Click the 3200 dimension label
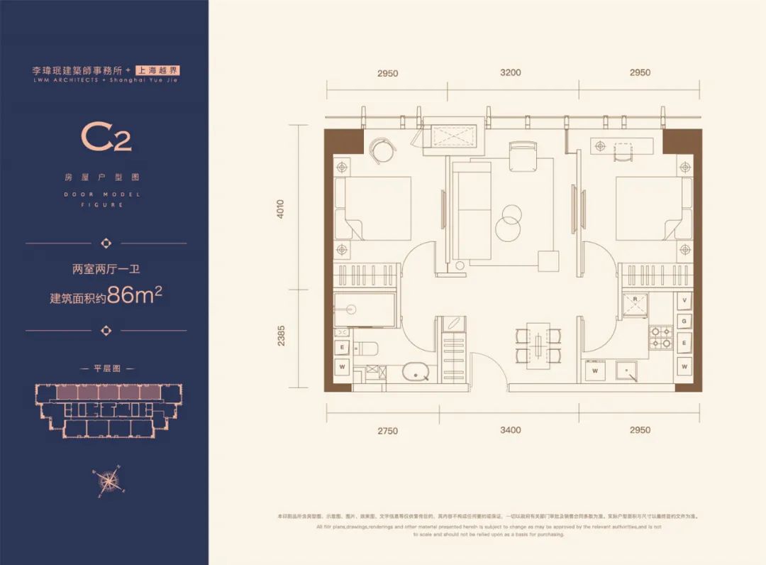(510, 72)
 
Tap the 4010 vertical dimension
(281, 207)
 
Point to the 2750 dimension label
(387, 430)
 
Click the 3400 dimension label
(510, 430)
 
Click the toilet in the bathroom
(368, 348)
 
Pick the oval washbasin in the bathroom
(413, 373)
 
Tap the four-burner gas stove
(661, 337)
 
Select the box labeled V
(684, 300)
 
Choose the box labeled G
(684, 322)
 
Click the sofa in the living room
(472, 210)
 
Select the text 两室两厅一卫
(106, 270)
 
